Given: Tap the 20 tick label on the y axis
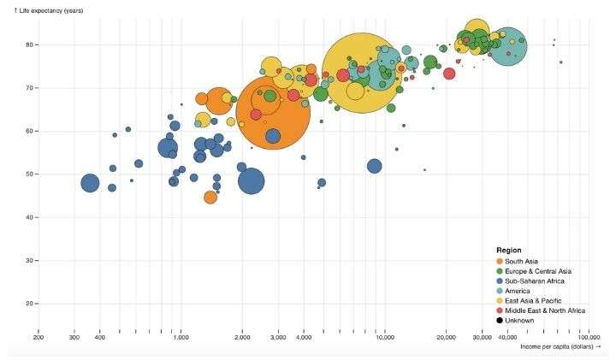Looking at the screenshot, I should click(27, 304).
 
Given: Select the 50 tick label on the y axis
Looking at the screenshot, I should click(27, 174).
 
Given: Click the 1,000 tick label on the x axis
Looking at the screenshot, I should click(181, 337).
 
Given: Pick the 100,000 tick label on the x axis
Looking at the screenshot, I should click(587, 337).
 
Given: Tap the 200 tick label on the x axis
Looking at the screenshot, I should click(38, 337).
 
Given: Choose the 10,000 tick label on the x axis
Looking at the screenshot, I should click(384, 337).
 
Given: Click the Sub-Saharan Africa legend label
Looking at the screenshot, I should click(535, 280).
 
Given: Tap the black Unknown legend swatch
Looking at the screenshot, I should click(500, 321).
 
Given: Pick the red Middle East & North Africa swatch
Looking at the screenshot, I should click(500, 310).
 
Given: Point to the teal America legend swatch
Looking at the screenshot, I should click(500, 291).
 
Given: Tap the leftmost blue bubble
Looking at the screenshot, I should click(90, 183).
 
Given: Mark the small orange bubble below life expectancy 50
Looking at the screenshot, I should click(210, 198).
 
